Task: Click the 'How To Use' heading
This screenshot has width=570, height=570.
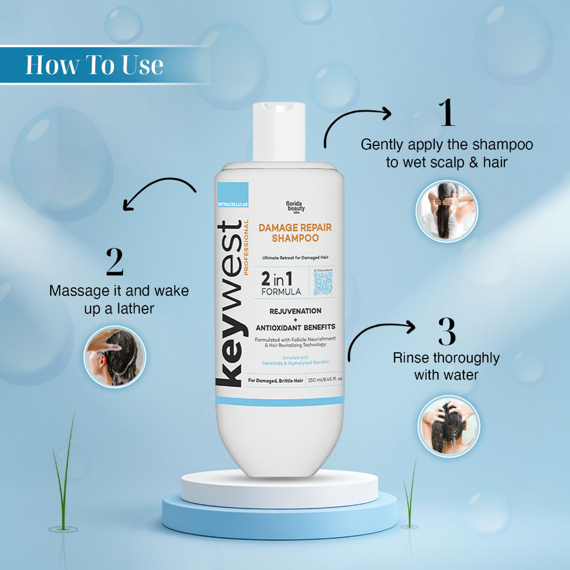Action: (94, 65)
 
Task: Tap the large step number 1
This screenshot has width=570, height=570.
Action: (447, 113)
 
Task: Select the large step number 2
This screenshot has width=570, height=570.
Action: (115, 262)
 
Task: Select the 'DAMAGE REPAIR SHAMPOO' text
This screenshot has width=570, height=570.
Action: (295, 233)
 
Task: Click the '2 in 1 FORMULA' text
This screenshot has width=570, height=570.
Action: (280, 283)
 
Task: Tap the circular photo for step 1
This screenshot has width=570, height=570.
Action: (447, 211)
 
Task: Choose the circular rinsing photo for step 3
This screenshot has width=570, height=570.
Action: (449, 426)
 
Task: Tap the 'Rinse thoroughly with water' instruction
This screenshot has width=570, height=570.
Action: (446, 367)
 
